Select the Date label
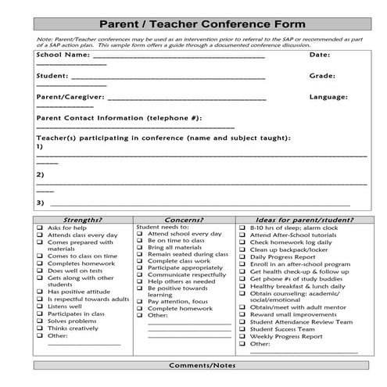pyautogui.click(x=320, y=56)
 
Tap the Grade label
pyautogui.click(x=322, y=77)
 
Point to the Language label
pyautogui.click(x=328, y=98)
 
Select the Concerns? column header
pyautogui.click(x=185, y=220)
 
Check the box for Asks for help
pyautogui.click(x=40, y=228)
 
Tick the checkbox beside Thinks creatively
pyautogui.click(x=40, y=328)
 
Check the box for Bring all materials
pyautogui.click(x=141, y=248)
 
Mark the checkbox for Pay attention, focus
pyautogui.click(x=141, y=301)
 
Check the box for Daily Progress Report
pyautogui.click(x=243, y=256)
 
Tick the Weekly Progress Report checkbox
pyautogui.click(x=243, y=337)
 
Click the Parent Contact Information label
pyautogui.click(x=119, y=118)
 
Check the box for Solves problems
pyautogui.click(x=40, y=321)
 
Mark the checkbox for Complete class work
pyautogui.click(x=141, y=261)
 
